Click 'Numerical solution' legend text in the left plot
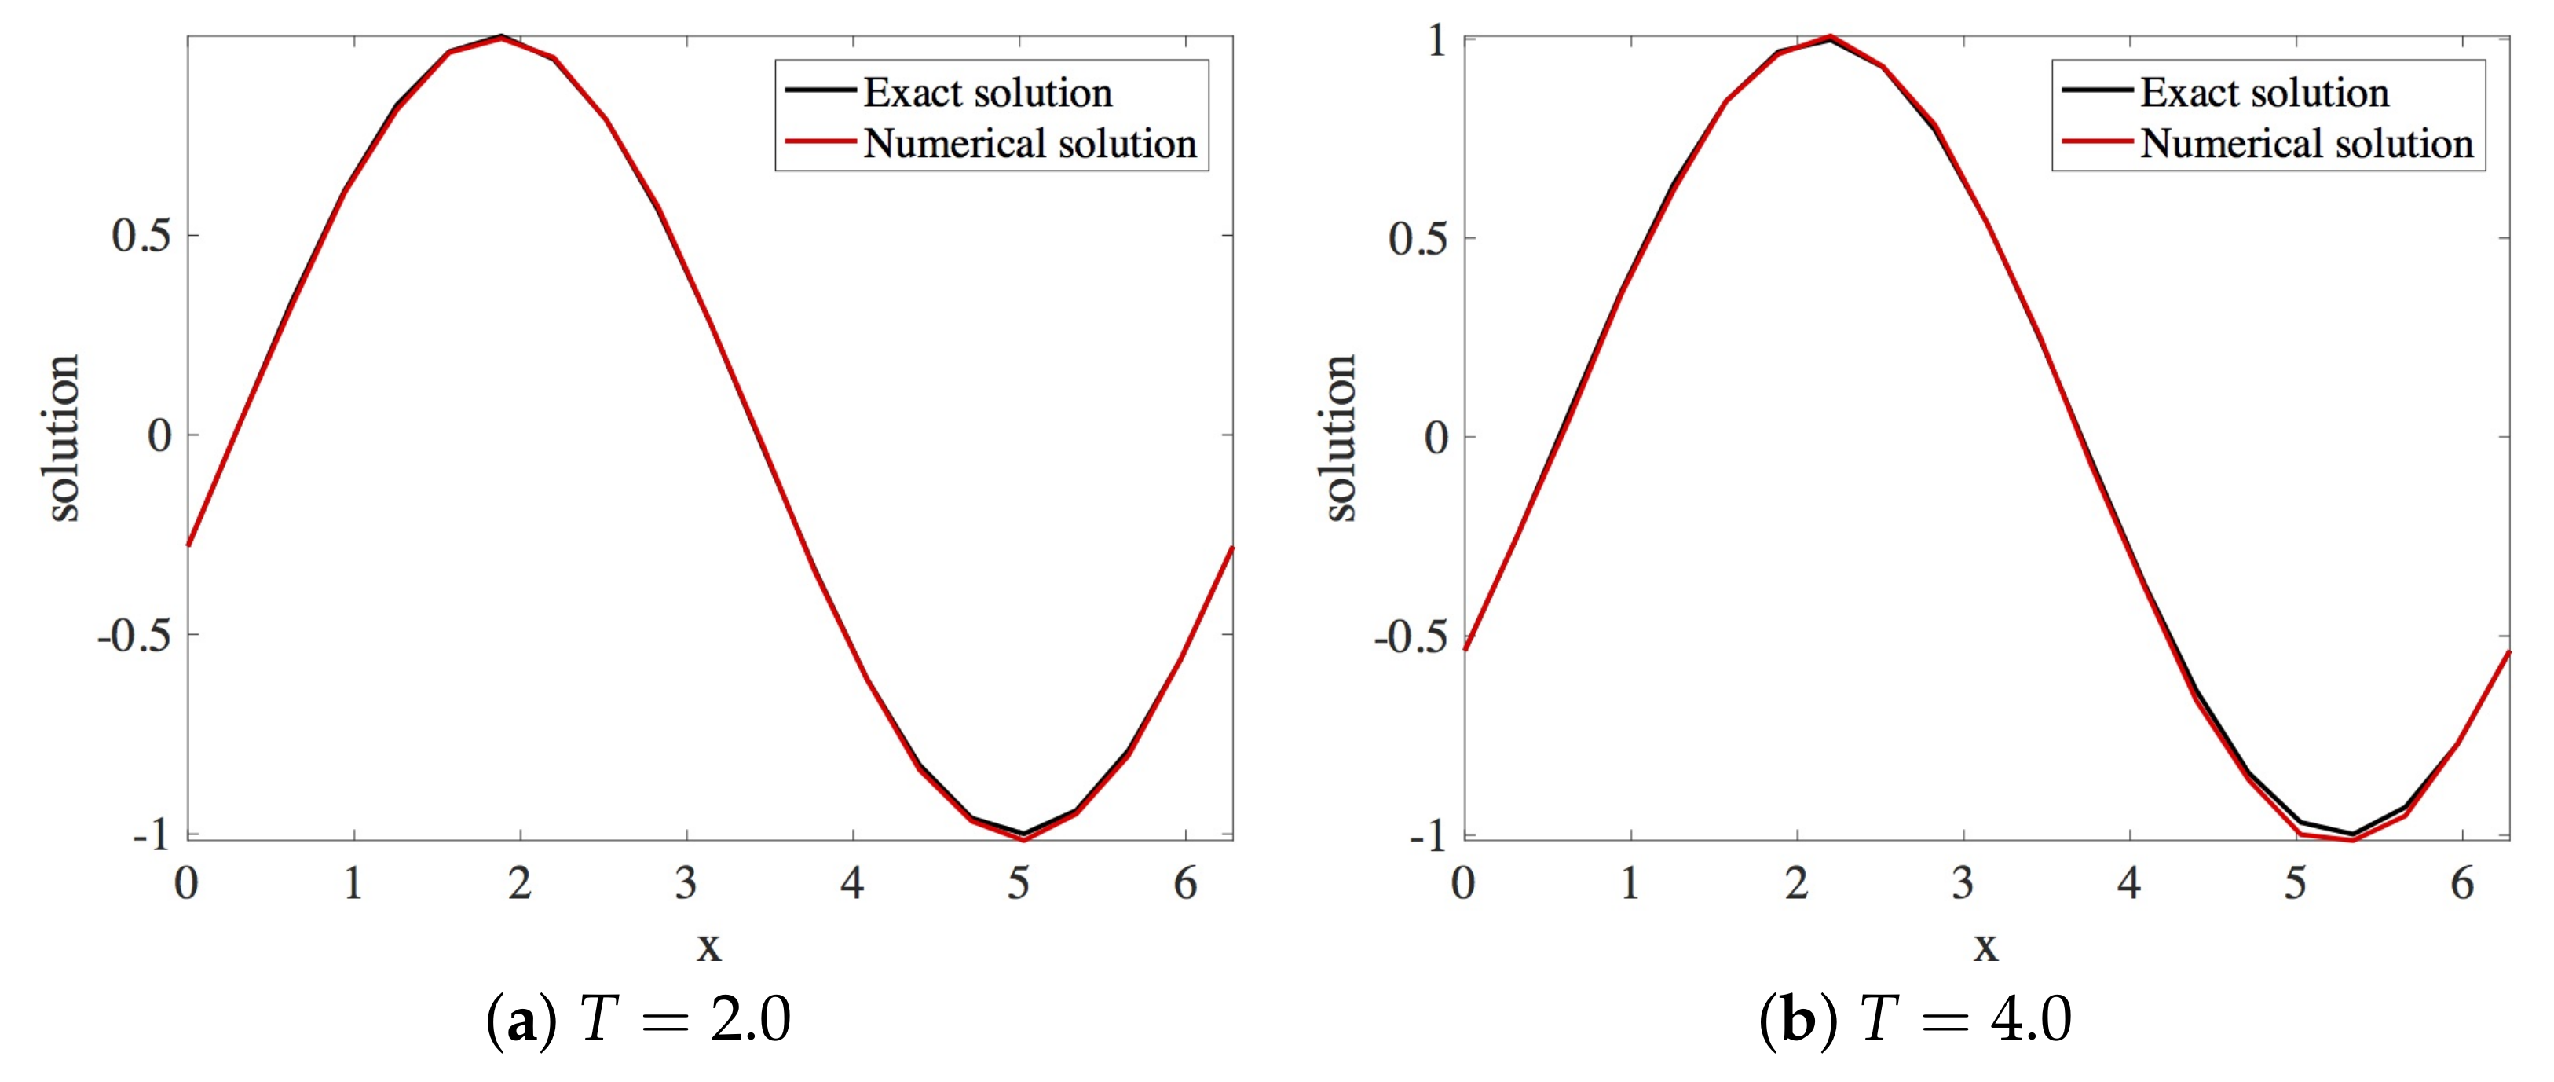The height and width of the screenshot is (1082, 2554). click(1029, 144)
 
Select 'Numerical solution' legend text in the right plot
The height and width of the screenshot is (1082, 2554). click(2306, 144)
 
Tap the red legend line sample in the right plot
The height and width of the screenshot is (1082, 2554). click(2096, 141)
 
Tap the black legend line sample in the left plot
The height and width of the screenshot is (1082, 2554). click(820, 90)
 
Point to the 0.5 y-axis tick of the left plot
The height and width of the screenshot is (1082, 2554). click(141, 236)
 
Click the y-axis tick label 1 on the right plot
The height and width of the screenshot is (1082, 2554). click(1438, 41)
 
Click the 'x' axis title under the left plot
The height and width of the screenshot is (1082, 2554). click(708, 945)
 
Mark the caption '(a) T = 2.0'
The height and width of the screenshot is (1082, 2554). click(638, 1019)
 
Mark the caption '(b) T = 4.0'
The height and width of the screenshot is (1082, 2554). click(1915, 1019)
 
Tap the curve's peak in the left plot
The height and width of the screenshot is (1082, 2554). click(501, 38)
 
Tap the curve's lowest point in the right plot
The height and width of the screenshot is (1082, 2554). click(2351, 839)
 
